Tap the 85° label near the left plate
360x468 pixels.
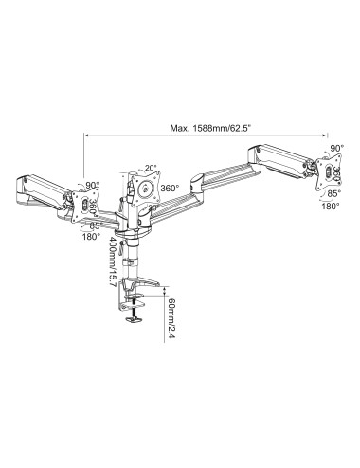coord(95,225)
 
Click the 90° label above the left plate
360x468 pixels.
coord(91,186)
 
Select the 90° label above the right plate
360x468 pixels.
coord(339,150)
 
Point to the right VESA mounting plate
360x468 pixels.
coord(317,172)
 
